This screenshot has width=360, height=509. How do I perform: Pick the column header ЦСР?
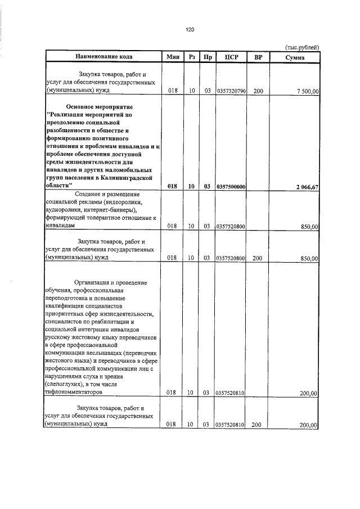(x=230, y=57)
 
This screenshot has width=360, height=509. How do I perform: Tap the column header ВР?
(x=258, y=57)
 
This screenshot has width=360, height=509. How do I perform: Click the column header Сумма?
(x=295, y=57)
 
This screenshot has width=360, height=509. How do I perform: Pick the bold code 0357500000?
(x=230, y=187)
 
